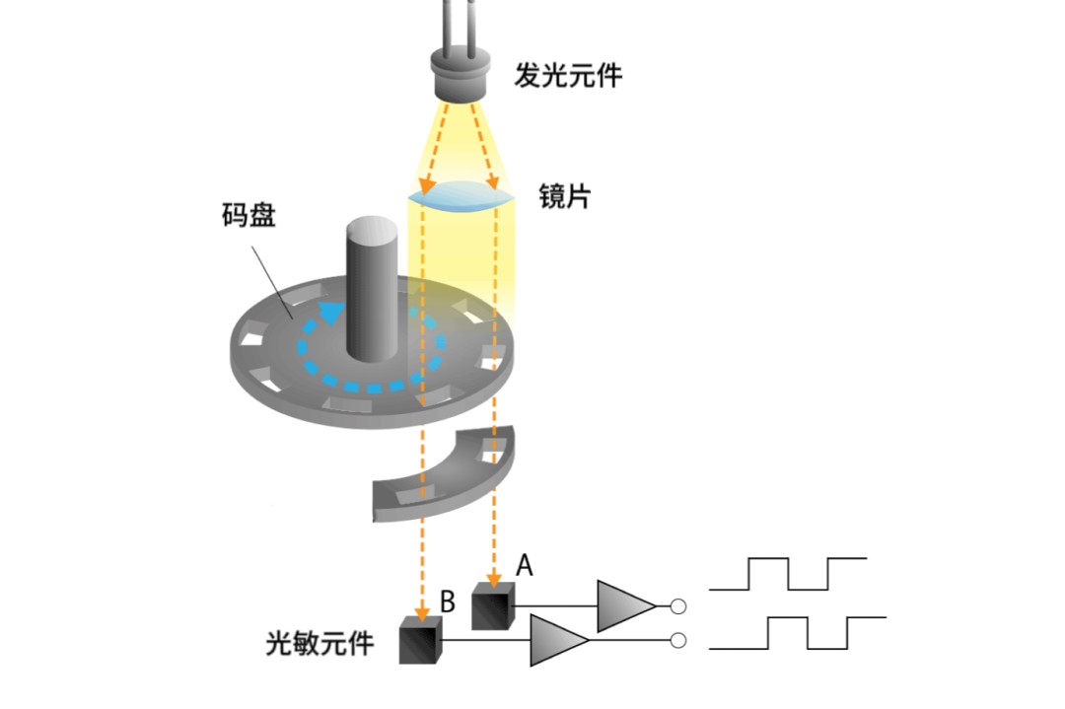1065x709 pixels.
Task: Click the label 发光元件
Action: click(x=568, y=74)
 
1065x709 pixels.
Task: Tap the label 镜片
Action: click(x=563, y=195)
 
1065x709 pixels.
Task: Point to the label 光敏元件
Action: click(x=320, y=644)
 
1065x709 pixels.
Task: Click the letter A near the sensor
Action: click(x=525, y=565)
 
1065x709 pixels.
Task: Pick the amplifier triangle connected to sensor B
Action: click(x=557, y=641)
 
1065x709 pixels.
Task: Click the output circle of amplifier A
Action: click(x=677, y=606)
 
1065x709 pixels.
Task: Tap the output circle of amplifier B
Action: click(x=677, y=642)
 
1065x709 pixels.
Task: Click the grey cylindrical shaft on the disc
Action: click(x=370, y=286)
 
